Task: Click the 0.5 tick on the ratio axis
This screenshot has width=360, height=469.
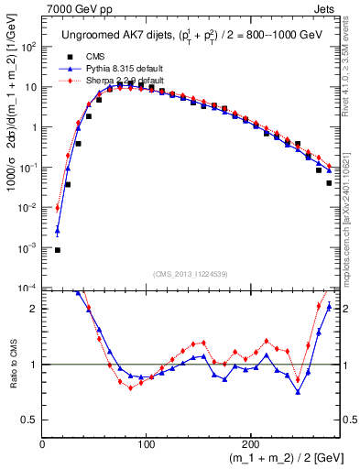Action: point(31,420)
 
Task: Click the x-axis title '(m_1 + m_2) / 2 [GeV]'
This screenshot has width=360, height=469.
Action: point(276,458)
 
